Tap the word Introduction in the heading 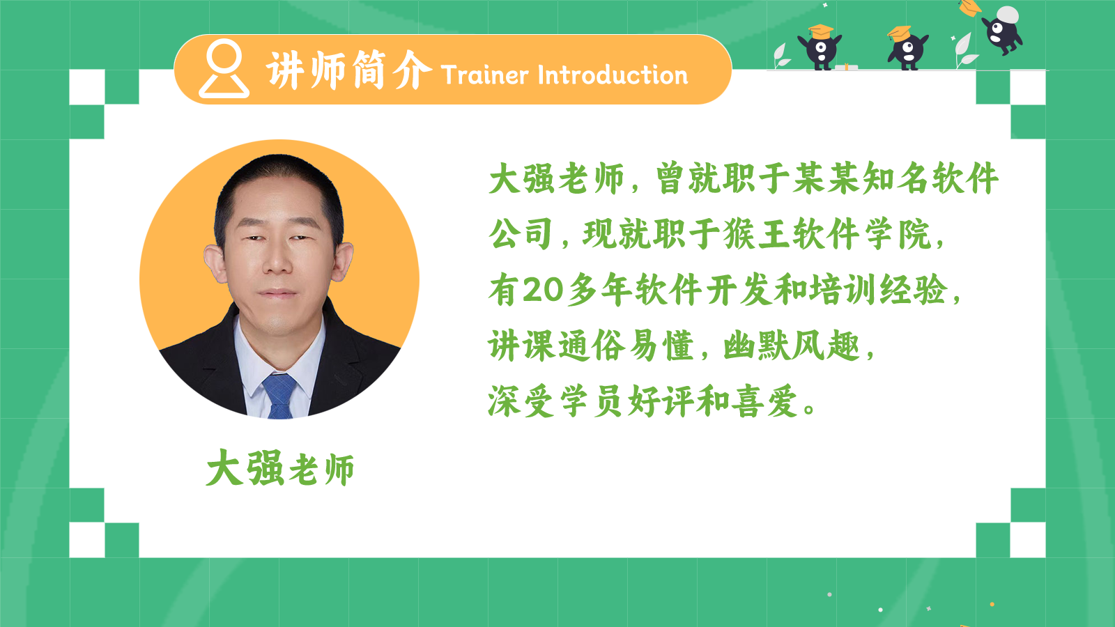tap(613, 75)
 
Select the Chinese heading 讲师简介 tap(349, 70)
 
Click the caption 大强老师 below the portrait tap(280, 467)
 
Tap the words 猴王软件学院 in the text tap(827, 234)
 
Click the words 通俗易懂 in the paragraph tap(626, 346)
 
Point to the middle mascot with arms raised tap(907, 48)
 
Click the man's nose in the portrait tap(278, 258)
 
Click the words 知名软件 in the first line tap(930, 178)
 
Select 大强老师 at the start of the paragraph tap(557, 178)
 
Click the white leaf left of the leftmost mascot tap(781, 56)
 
